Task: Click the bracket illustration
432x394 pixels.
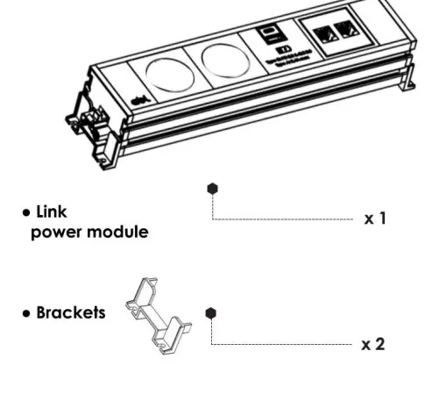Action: [160, 314]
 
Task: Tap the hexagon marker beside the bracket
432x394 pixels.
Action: [210, 312]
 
